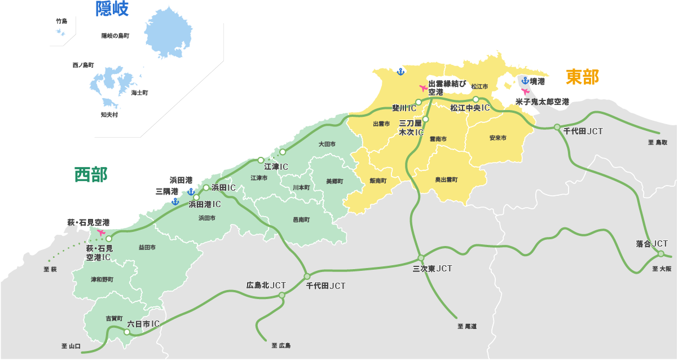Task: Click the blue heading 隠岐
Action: point(112,9)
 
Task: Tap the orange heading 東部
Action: point(582,77)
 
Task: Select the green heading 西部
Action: point(91,174)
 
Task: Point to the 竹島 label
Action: point(61,21)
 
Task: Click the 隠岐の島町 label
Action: point(116,36)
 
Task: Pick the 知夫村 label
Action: point(109,115)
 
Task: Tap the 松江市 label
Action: point(479,86)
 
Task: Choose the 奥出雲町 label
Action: point(446,179)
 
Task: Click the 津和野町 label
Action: point(102,279)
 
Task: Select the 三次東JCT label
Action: point(433,269)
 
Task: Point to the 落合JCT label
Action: point(651,244)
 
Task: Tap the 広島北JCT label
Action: point(266,285)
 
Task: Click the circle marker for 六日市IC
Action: point(126,332)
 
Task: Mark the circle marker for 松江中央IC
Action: point(476,99)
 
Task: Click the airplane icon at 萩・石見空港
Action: point(102,232)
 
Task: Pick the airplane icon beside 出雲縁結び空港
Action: point(423,88)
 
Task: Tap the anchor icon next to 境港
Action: point(525,81)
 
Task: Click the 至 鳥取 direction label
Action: point(658,143)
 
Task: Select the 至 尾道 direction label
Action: point(467,326)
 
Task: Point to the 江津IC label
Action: point(276,166)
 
